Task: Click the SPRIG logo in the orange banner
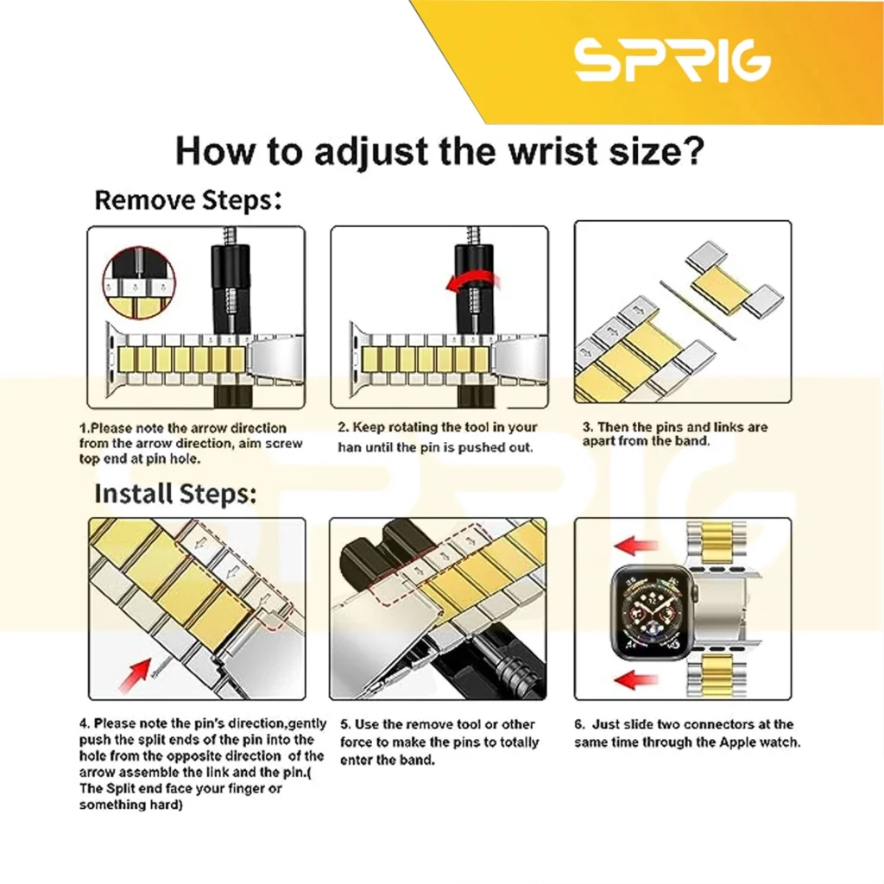(x=672, y=60)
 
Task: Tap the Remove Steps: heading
(x=187, y=200)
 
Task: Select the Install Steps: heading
(x=175, y=493)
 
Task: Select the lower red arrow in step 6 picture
(x=636, y=679)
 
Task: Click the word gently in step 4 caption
(x=306, y=723)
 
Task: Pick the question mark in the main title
(x=693, y=150)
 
